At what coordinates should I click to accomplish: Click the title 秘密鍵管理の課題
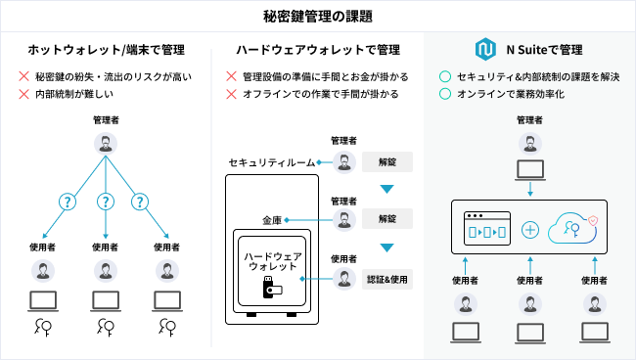click(x=318, y=17)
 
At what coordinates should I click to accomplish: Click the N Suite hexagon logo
click(x=485, y=50)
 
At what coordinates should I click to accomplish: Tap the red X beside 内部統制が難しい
click(x=23, y=94)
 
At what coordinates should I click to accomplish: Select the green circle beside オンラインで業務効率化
click(x=445, y=94)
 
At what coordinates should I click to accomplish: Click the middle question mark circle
click(x=106, y=202)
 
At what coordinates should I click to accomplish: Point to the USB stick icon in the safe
click(x=272, y=288)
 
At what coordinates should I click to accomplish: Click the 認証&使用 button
click(x=387, y=280)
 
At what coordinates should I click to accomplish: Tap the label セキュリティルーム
click(x=272, y=162)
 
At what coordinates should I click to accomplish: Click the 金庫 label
click(x=272, y=220)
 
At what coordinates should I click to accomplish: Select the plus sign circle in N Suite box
click(x=529, y=230)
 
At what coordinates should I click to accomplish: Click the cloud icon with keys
click(x=573, y=229)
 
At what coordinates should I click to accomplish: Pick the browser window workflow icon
click(x=487, y=228)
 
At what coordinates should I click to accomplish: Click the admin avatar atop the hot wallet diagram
click(x=106, y=144)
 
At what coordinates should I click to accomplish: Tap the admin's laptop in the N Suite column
click(x=530, y=170)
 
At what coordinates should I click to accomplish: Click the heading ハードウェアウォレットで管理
click(x=318, y=50)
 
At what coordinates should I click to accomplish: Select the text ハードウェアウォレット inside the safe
click(x=273, y=261)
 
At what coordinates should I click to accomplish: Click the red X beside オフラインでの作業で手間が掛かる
click(x=231, y=94)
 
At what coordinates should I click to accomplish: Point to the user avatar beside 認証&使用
click(x=344, y=279)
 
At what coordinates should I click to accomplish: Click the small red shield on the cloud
click(x=593, y=220)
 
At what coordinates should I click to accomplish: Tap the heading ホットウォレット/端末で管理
click(x=107, y=50)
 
